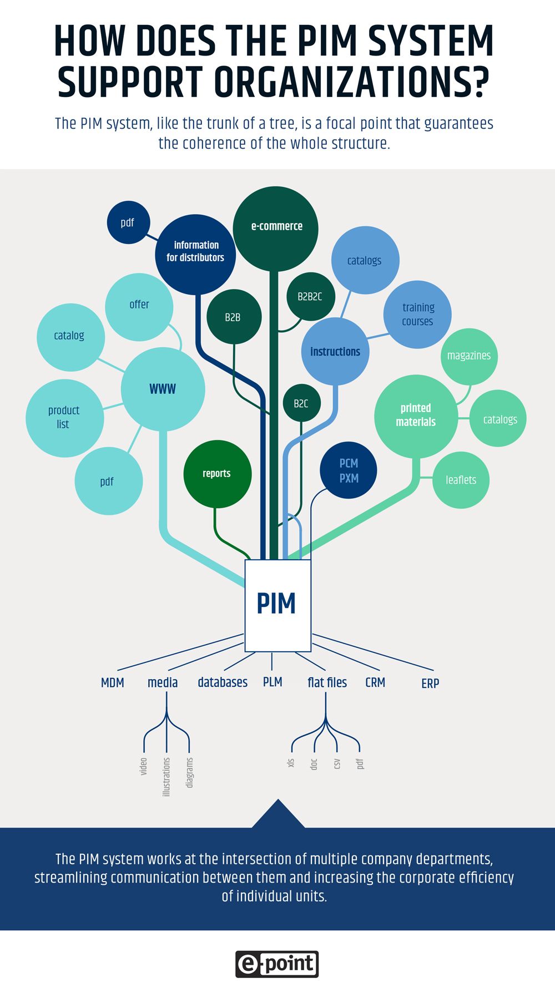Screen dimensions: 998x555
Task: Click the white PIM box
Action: click(x=277, y=605)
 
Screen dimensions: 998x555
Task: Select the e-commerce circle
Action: click(x=276, y=227)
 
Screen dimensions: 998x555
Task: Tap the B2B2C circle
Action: click(x=310, y=297)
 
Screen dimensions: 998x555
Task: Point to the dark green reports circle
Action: click(x=217, y=474)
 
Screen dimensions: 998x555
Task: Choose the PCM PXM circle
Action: click(x=349, y=470)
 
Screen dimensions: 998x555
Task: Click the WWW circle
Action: click(x=163, y=389)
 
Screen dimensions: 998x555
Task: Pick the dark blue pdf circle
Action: click(x=128, y=223)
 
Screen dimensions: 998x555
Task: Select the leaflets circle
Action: click(x=461, y=480)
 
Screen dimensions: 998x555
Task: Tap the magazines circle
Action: click(x=469, y=356)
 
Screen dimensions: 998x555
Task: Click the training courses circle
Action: click(x=417, y=315)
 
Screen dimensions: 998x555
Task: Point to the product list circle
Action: click(x=64, y=418)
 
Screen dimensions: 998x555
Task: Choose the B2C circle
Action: click(x=301, y=404)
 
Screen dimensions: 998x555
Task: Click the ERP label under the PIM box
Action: click(x=430, y=683)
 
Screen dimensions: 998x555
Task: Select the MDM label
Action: click(x=113, y=683)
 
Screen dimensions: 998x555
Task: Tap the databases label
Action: click(x=223, y=682)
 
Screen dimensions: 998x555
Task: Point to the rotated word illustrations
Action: click(x=167, y=777)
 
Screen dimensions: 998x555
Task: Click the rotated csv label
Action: click(x=337, y=764)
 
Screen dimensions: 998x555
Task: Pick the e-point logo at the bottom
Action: click(x=277, y=964)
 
